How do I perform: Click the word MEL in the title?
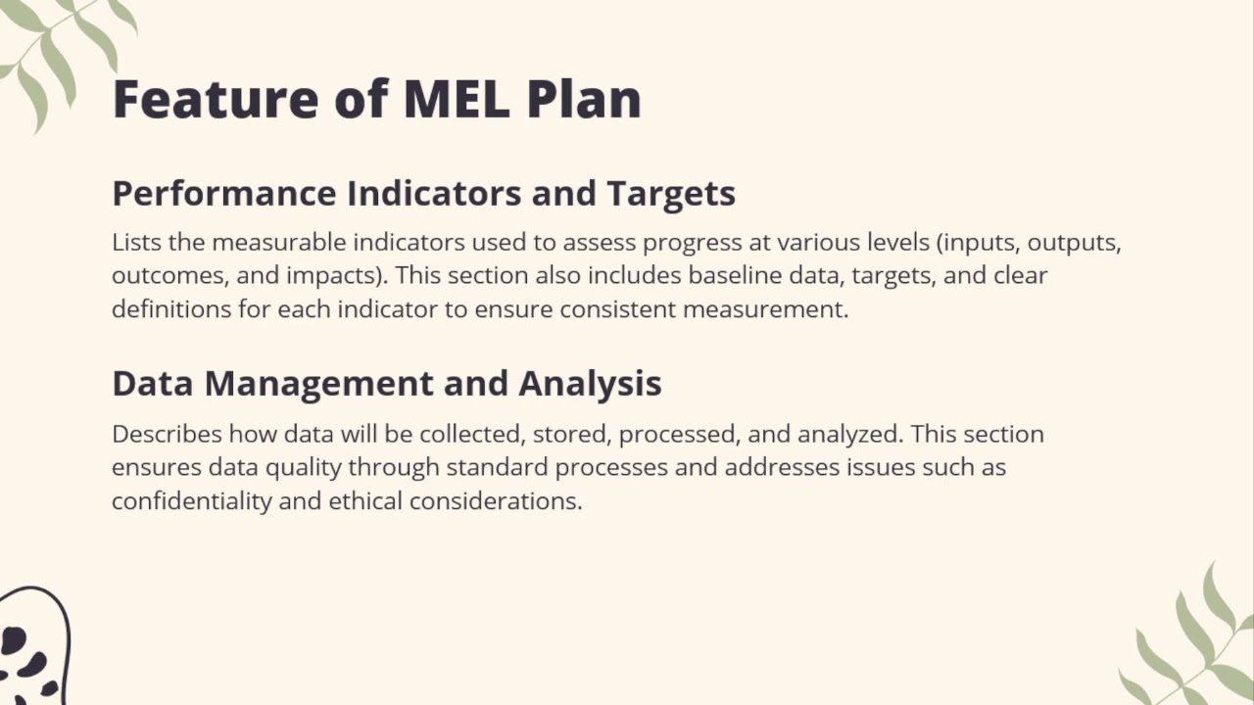(456, 99)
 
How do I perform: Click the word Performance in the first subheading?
(224, 193)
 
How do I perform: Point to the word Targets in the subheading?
(671, 193)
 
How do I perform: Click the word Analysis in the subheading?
(590, 383)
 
